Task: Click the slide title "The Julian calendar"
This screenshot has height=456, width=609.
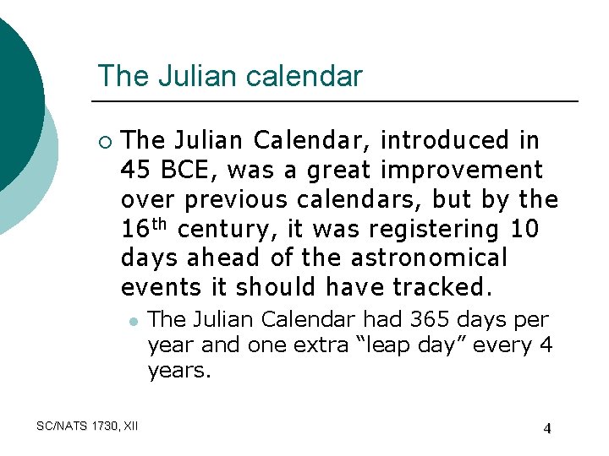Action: point(229,76)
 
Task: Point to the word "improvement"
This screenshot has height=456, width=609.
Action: point(462,170)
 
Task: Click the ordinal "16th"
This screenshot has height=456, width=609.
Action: point(145,228)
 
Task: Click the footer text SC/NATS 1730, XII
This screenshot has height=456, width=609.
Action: point(88,426)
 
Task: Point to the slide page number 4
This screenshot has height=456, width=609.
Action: point(547,428)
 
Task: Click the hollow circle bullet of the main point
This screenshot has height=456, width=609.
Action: point(103,141)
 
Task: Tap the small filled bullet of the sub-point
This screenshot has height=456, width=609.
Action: point(133,322)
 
